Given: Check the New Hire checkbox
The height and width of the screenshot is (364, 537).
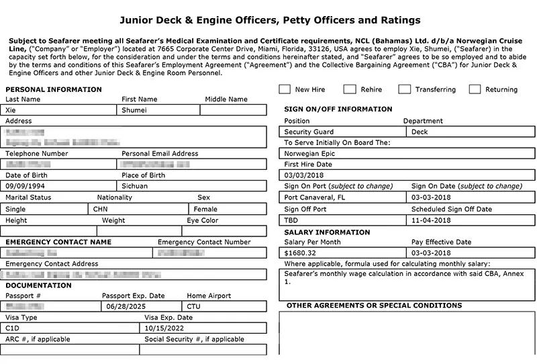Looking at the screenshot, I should [285, 89].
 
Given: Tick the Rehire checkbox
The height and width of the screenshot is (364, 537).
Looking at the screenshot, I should [350, 89].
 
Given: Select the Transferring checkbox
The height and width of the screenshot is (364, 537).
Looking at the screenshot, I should [404, 89].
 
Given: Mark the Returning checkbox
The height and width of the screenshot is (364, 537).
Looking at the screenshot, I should [475, 89].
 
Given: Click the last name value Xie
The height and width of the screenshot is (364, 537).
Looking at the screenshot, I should [11, 110].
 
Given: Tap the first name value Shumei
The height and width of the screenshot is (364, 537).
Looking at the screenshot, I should [134, 110].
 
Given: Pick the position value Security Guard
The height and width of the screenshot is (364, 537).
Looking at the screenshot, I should [309, 132].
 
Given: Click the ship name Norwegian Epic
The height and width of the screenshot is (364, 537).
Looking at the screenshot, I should [310, 153].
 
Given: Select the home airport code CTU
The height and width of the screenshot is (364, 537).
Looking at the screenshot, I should [194, 307].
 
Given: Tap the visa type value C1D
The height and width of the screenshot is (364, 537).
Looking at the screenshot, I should [13, 328].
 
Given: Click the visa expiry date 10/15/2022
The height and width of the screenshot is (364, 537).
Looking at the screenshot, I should [164, 328].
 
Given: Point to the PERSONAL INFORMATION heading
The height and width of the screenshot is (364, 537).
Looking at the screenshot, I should [54, 89].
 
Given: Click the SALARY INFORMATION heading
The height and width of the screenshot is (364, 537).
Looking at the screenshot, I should [327, 232].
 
